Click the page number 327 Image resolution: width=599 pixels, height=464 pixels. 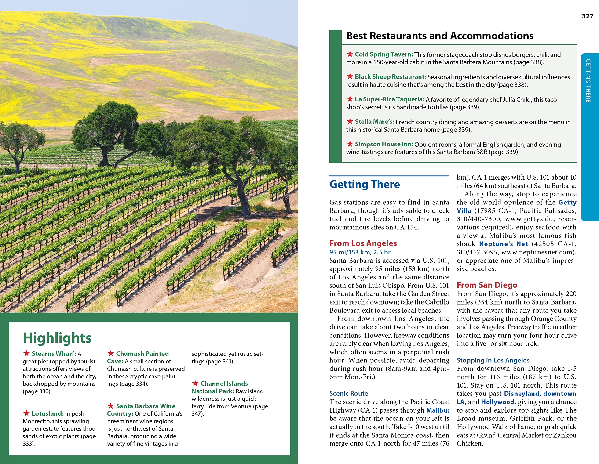(588, 16)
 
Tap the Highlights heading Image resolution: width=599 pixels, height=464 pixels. (57, 338)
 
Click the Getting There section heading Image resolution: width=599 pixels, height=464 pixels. (365, 184)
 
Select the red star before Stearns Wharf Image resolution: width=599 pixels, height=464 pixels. (26, 353)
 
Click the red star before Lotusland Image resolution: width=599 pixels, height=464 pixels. (26, 413)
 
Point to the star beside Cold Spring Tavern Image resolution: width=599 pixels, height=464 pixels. (350, 54)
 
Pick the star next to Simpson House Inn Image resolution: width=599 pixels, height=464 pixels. (350, 144)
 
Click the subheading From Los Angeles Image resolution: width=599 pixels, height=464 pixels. (363, 243)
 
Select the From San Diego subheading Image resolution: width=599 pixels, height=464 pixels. (487, 285)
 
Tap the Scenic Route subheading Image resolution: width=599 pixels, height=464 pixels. (349, 393)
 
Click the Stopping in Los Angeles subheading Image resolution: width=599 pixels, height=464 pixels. (493, 360)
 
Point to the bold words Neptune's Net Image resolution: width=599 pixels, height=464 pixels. (503, 244)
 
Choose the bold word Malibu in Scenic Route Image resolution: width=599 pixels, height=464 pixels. (438, 410)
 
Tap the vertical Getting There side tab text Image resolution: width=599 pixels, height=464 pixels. (588, 81)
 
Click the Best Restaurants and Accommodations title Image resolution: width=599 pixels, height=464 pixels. (440, 36)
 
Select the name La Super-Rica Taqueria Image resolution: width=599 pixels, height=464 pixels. (389, 99)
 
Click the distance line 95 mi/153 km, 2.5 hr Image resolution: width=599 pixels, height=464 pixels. (360, 252)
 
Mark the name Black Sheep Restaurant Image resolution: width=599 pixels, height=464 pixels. (390, 77)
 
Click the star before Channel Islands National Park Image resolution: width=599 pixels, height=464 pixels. (195, 383)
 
